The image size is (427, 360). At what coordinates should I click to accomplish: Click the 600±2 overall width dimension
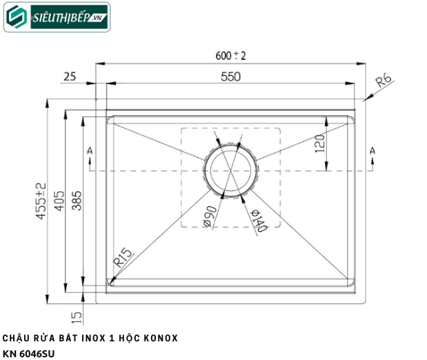click(x=230, y=57)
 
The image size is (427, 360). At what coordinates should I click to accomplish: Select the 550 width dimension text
click(x=230, y=77)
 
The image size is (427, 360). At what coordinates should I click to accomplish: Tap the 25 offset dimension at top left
click(x=70, y=77)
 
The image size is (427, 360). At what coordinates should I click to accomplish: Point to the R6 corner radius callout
click(x=383, y=83)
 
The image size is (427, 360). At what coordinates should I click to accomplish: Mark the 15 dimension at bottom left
click(x=77, y=317)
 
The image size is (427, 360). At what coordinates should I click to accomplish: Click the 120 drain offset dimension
click(x=319, y=143)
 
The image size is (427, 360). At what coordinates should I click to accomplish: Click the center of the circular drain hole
click(x=231, y=170)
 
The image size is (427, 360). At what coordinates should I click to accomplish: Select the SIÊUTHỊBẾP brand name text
click(x=60, y=17)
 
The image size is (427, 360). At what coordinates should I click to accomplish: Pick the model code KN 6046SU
click(x=28, y=354)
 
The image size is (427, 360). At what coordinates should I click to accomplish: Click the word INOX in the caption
click(x=89, y=339)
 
